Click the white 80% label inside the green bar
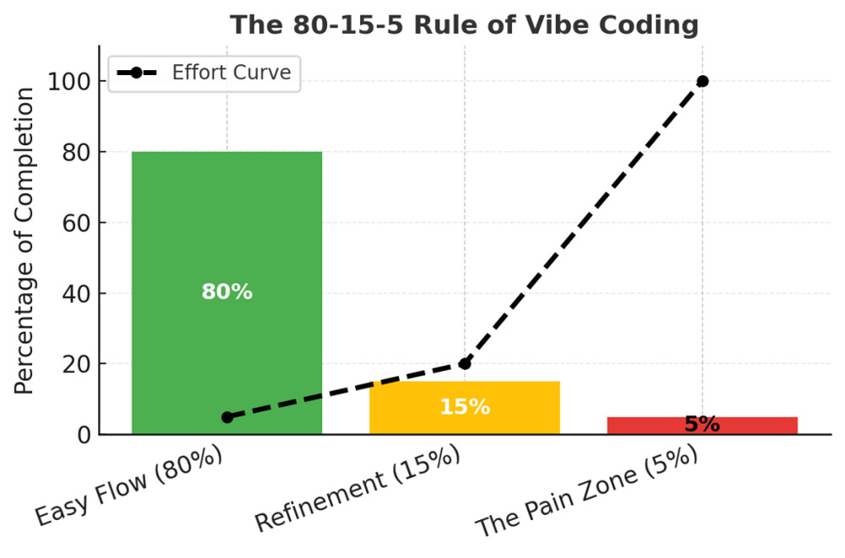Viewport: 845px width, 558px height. [x=226, y=292]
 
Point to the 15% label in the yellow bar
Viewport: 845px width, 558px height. [x=464, y=407]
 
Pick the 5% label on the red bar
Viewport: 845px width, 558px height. [x=701, y=425]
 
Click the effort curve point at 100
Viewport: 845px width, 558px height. [x=702, y=81]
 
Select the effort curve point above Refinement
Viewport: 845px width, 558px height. [x=465, y=364]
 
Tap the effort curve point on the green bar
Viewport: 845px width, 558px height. [x=227, y=417]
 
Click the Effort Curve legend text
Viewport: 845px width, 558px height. [x=231, y=73]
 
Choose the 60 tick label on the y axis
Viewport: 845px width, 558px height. [x=77, y=223]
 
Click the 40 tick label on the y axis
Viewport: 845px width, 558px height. [x=77, y=294]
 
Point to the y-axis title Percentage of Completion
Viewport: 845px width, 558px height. [x=25, y=241]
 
